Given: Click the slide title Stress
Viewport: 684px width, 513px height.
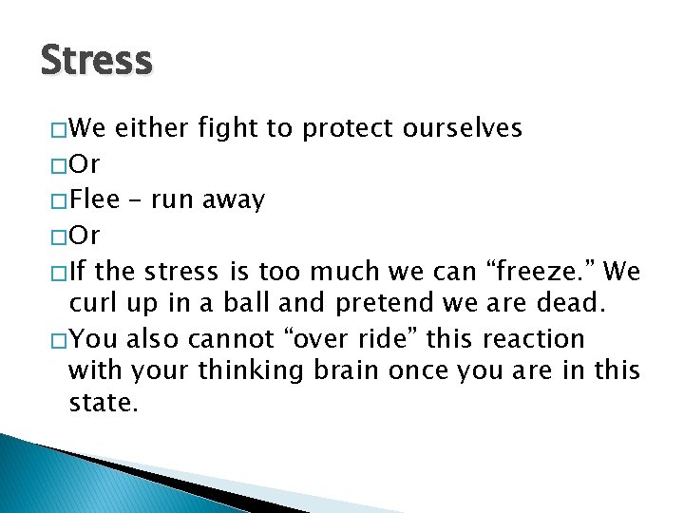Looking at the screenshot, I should pos(96,61).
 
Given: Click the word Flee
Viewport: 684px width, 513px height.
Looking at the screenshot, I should pos(95,200).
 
